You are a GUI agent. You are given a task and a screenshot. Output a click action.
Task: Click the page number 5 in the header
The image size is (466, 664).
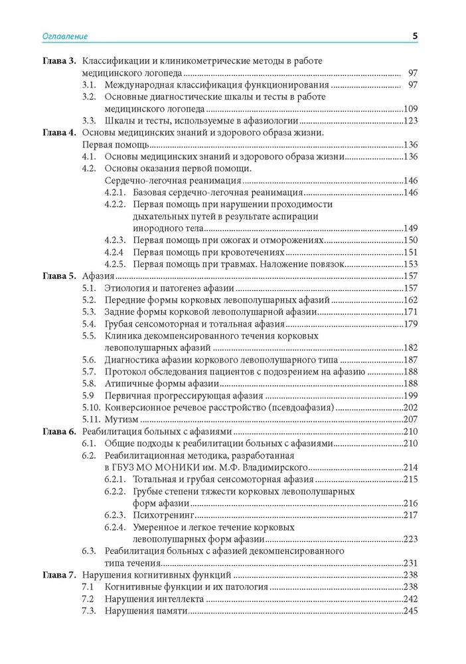[414, 36]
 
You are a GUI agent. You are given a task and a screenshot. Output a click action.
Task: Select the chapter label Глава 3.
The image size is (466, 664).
[59, 60]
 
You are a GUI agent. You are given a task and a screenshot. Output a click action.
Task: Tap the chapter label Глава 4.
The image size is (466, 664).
[59, 132]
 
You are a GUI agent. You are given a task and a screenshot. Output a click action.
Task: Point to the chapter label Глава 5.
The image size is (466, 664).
[59, 276]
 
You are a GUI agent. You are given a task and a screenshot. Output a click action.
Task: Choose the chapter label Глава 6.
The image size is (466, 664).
[59, 432]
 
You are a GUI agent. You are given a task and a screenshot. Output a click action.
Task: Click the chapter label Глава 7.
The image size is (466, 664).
[59, 575]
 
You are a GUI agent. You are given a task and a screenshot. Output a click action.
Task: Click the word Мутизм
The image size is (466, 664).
[121, 420]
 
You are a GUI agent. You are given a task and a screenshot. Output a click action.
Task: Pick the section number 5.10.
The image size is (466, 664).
[91, 408]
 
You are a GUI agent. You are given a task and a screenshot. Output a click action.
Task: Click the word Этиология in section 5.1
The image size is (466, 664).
[127, 288]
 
